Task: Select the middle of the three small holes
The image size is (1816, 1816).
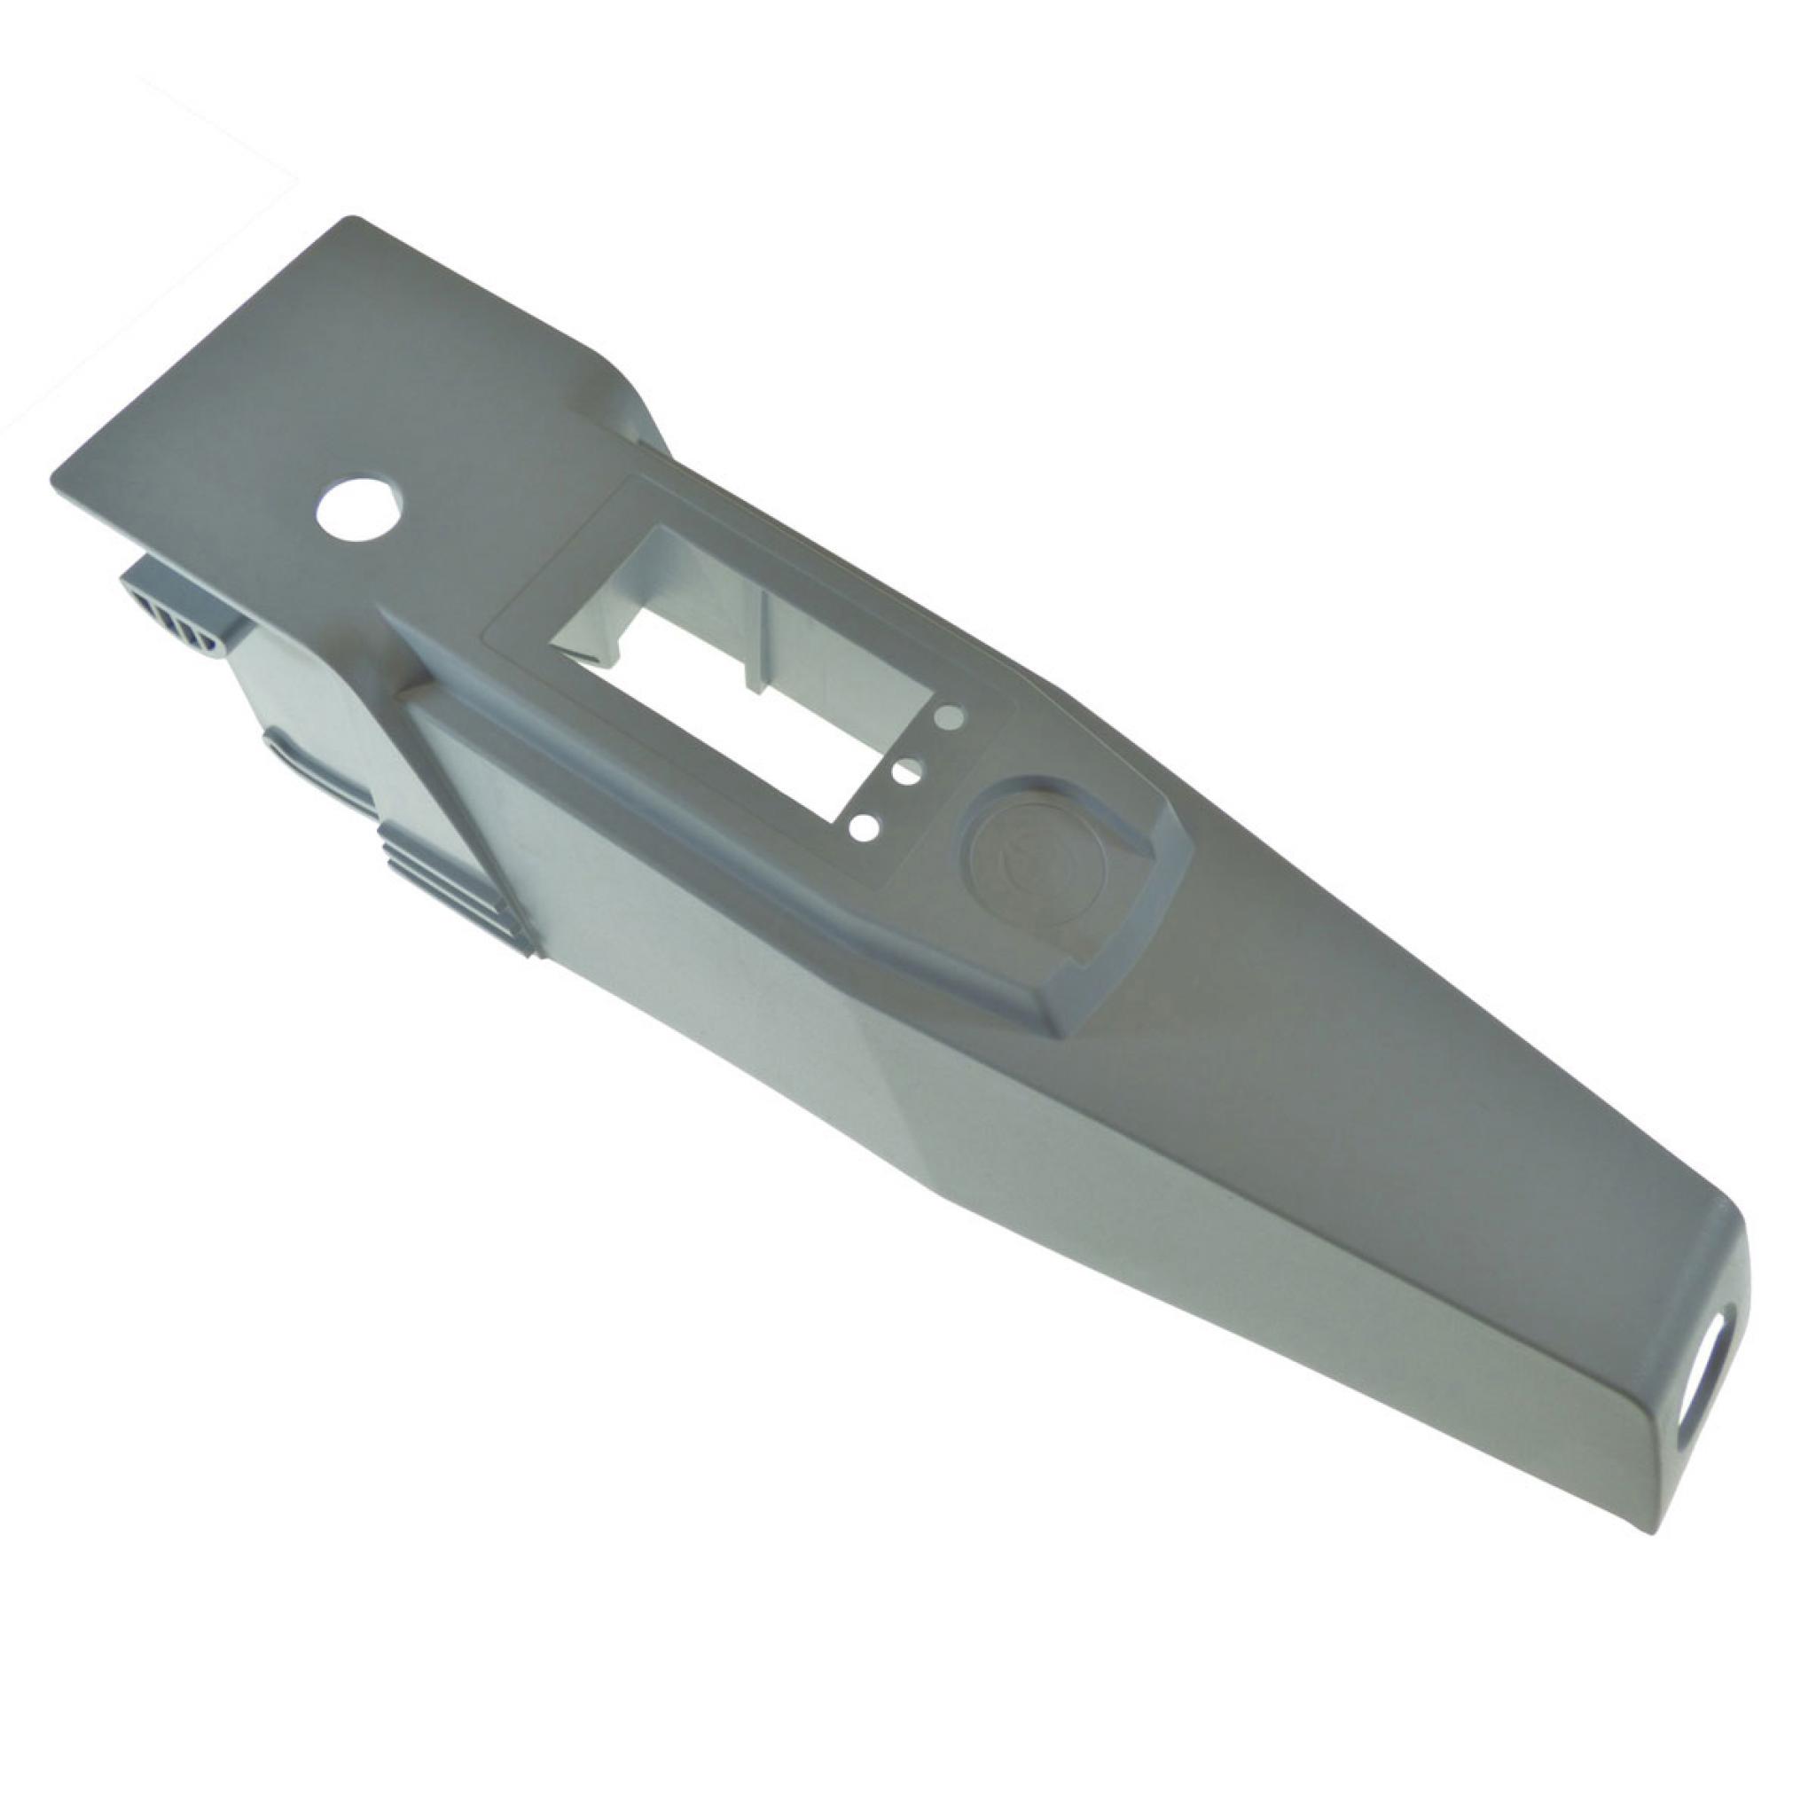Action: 906,772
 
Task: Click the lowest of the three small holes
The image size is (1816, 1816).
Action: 865,827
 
